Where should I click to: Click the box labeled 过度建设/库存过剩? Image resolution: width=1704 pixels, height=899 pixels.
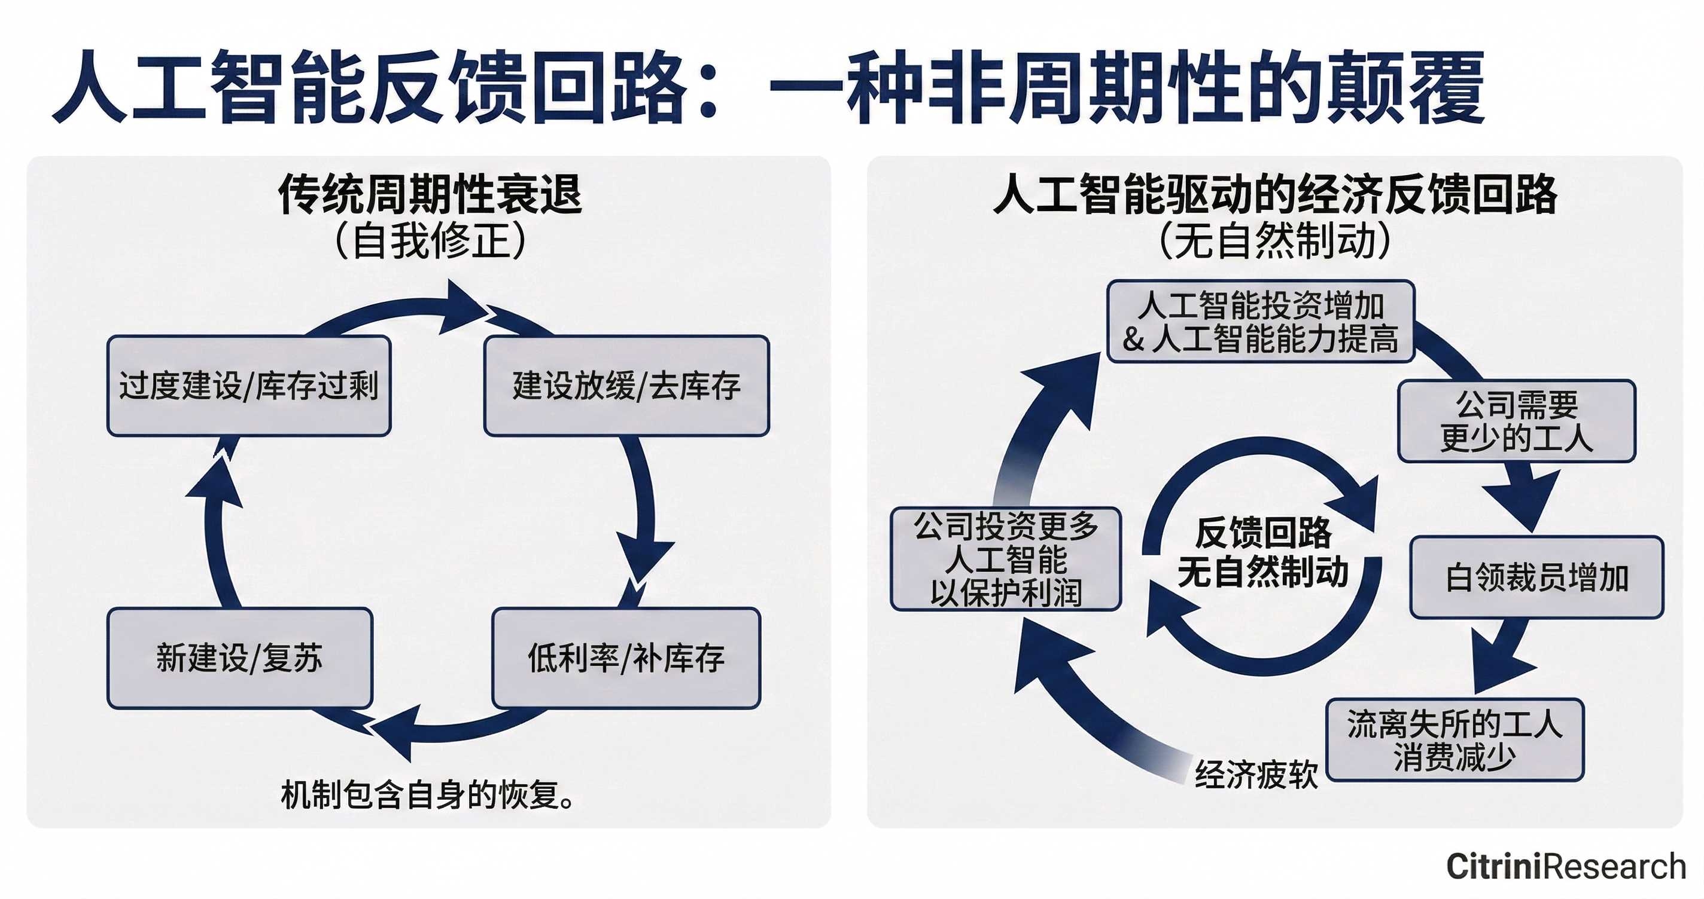coord(249,386)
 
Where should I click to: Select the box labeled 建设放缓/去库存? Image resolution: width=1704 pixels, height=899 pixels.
coord(626,386)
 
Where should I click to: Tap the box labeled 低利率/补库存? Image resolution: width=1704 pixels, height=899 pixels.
coord(626,658)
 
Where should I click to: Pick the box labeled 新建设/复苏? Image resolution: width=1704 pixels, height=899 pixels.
coord(239,658)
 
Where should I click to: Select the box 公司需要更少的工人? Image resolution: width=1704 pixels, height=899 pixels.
coord(1516,421)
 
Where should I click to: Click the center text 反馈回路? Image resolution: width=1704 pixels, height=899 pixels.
coord(1263,533)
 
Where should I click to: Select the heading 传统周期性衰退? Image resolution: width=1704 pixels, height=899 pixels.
coord(430,194)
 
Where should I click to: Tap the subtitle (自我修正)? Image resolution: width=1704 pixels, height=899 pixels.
coord(430,241)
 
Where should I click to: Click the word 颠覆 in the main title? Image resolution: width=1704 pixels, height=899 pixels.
coord(1409,88)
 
